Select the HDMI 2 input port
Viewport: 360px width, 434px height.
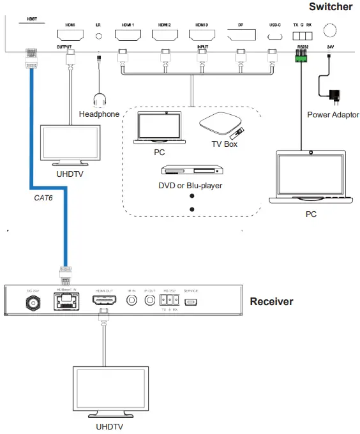coord(165,37)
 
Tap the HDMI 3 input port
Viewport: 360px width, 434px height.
coord(203,37)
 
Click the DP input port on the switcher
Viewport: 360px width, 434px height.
coord(241,37)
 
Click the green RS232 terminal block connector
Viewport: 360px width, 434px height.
coord(301,57)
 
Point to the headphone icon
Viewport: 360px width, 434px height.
coord(99,101)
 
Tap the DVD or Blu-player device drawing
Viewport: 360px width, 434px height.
coord(191,170)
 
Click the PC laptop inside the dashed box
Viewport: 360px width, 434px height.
coord(160,128)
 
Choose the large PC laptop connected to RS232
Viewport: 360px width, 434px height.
coord(310,177)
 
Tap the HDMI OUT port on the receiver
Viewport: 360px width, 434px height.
coord(105,299)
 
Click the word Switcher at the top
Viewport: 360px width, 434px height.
coord(330,7)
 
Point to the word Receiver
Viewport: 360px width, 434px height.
coord(271,301)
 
